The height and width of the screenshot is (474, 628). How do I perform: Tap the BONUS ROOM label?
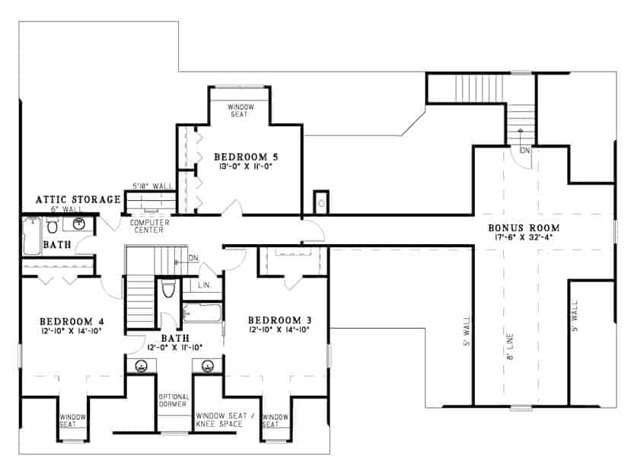[524, 227]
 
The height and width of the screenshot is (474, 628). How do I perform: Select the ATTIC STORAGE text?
[78, 199]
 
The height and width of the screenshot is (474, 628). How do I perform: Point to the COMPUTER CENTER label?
[149, 226]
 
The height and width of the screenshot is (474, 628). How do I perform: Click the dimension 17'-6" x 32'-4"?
[524, 237]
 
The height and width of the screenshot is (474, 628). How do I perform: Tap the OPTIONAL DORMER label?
[174, 400]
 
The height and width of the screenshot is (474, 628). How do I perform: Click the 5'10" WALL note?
[151, 185]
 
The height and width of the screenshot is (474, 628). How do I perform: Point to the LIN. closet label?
[204, 286]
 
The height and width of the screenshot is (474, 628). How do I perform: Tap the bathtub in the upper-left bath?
[31, 236]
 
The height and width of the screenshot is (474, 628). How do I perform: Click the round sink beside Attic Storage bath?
[79, 224]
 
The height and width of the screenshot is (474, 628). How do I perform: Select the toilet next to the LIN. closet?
[169, 289]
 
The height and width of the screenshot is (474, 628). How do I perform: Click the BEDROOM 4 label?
[66, 320]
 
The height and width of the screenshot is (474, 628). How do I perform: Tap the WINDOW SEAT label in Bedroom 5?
[241, 111]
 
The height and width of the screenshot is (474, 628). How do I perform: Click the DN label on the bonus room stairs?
[525, 151]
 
